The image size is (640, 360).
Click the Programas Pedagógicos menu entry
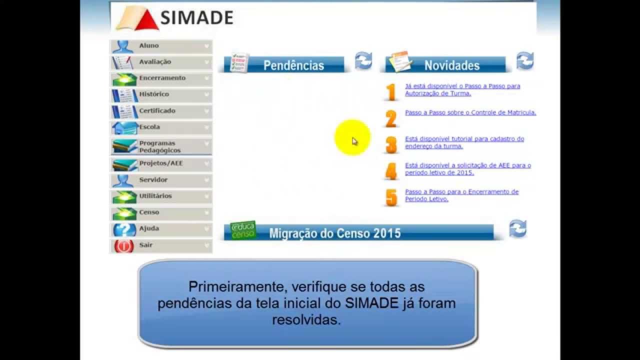[x=160, y=147]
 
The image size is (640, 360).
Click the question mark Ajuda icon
[x=124, y=229]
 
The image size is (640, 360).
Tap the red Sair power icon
[x=124, y=246]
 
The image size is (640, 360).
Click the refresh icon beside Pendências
[x=363, y=61]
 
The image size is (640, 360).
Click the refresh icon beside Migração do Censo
[x=517, y=229]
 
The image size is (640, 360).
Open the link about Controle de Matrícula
[x=470, y=113]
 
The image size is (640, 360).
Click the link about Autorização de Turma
[x=462, y=89]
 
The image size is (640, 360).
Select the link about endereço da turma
[x=464, y=142]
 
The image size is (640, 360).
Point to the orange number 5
[x=391, y=197]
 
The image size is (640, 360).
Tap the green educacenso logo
[x=243, y=230]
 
